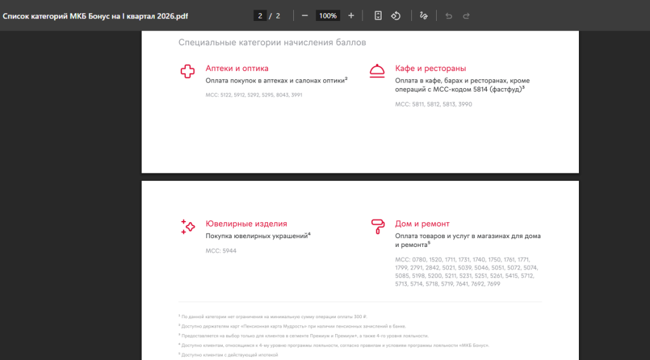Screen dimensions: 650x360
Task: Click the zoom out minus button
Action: (x=305, y=16)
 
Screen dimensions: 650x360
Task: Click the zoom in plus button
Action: (x=351, y=16)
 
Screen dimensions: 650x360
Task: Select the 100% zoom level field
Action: (x=328, y=16)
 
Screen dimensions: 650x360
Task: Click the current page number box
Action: (x=260, y=16)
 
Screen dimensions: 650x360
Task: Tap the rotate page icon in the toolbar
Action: (x=396, y=16)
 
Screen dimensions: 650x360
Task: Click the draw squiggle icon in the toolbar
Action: (x=423, y=16)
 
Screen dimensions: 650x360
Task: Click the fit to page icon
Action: (x=378, y=16)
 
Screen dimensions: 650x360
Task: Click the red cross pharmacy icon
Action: (x=187, y=71)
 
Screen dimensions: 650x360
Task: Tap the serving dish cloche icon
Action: (x=377, y=71)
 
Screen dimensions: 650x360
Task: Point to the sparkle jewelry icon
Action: (x=188, y=227)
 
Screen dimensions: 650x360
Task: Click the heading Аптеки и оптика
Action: (x=237, y=69)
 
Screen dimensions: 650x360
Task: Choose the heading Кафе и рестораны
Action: (x=430, y=69)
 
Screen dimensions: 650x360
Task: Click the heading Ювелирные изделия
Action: (x=246, y=224)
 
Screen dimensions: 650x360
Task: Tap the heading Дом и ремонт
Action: (x=422, y=224)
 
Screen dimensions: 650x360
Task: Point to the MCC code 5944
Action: (x=229, y=251)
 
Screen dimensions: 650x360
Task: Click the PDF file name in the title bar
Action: (x=95, y=16)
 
